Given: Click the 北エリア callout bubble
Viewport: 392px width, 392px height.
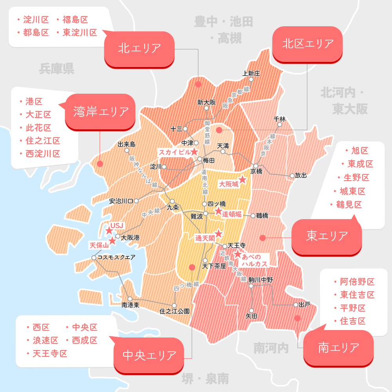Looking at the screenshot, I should pos(140,48).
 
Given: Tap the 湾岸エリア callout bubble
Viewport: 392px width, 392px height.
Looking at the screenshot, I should pos(101,112).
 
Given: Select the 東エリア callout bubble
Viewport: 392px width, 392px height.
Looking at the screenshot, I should pos(327,236).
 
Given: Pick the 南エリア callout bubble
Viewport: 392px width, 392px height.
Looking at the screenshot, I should pos(339,347).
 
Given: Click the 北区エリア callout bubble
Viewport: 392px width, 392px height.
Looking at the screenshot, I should pos(308,44).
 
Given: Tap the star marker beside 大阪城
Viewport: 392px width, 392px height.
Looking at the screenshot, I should pos(243,180).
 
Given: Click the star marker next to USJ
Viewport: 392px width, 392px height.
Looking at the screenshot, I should pos(109,231).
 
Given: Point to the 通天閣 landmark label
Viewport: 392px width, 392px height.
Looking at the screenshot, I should pos(205,238).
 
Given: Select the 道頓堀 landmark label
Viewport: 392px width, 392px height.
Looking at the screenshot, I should pos(232,214).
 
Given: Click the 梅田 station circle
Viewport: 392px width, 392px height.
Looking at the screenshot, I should pos(200,159).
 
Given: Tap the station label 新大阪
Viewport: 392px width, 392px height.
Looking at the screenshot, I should pos(207,103).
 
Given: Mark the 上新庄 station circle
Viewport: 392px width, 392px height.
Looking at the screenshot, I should pos(251,79).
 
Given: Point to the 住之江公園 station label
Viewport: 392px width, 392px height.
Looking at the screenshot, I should pos(174,311).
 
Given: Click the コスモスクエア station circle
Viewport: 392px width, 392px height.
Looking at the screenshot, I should pos(94,258).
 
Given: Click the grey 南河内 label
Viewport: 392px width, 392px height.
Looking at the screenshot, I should pos(271,347).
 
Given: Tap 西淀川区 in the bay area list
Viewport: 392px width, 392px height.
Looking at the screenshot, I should pos(43,153).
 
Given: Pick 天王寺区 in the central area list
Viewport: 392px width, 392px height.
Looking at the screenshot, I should pos(50,353).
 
